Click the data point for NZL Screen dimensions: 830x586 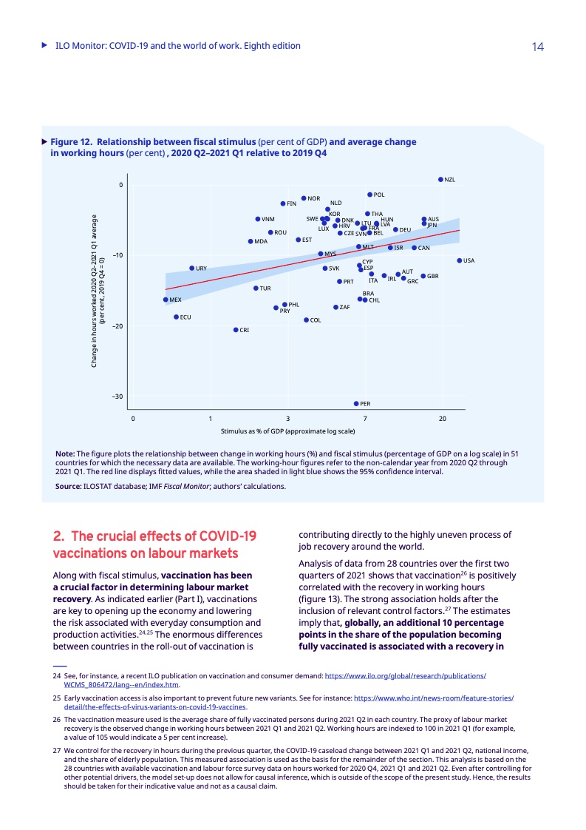(440, 179)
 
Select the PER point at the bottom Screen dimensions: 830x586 (356, 404)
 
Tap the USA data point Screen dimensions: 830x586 (459, 260)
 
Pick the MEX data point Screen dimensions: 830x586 (165, 300)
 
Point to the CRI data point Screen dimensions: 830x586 (236, 330)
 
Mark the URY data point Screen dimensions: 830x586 (191, 268)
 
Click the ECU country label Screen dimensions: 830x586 (186, 317)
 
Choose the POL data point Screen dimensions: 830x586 (369, 195)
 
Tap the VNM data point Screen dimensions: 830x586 (257, 219)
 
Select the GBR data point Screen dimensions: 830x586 (423, 276)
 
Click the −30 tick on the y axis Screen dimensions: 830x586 (117, 397)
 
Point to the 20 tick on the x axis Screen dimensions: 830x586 (442, 419)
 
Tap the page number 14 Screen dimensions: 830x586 (537, 47)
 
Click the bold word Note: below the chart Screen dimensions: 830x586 (65, 453)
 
